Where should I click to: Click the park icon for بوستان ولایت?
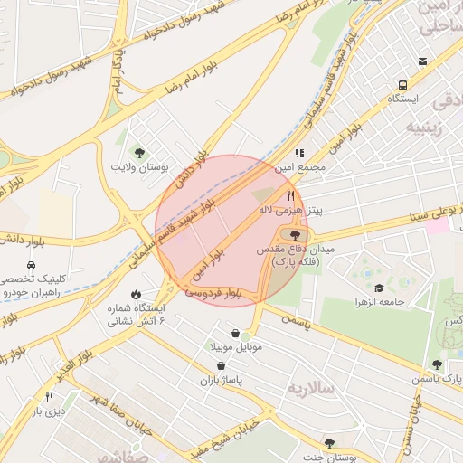pos(138,152)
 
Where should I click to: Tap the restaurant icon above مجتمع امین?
pos(300,153)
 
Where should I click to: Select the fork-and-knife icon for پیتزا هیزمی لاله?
pos(290,194)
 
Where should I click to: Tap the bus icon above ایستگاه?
pos(422,61)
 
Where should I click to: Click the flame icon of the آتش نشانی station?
pos(136,294)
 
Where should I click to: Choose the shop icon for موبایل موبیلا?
pos(236,332)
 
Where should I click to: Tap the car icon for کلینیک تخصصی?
pos(31,266)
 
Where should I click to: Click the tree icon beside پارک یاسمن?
pos(438,364)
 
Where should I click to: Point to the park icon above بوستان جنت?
pos(329,442)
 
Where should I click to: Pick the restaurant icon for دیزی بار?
pos(49,397)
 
